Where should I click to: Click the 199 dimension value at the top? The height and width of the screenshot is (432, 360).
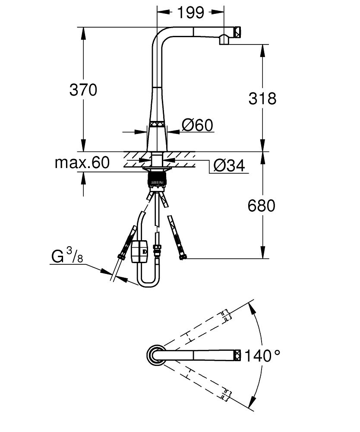click(x=190, y=13)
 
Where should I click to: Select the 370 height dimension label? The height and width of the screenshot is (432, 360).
click(x=83, y=90)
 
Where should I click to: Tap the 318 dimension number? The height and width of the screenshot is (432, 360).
click(x=262, y=98)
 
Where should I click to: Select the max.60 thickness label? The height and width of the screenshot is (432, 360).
click(x=82, y=163)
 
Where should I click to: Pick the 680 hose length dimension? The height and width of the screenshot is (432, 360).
click(x=262, y=206)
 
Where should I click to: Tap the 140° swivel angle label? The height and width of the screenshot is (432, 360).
click(x=262, y=356)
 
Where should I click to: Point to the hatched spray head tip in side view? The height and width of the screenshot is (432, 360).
click(x=237, y=32)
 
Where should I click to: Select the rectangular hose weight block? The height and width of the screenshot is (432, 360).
click(x=139, y=251)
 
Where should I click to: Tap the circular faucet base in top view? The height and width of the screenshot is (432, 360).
click(x=155, y=355)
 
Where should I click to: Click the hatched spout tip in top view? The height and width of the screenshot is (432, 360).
click(x=237, y=355)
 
